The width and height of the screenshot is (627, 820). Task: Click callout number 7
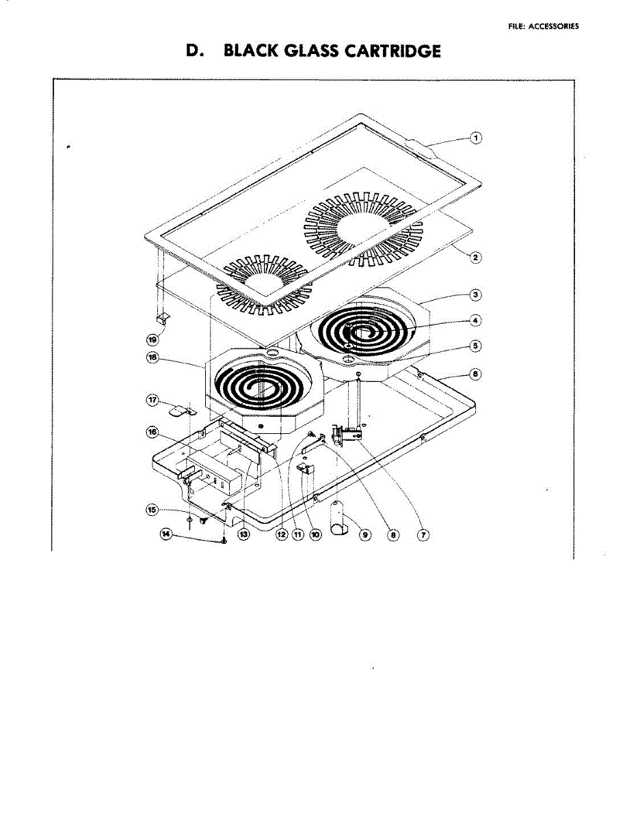pyautogui.click(x=423, y=535)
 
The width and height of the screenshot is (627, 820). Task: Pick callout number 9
pyautogui.click(x=364, y=535)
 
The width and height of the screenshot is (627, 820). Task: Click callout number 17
pyautogui.click(x=155, y=398)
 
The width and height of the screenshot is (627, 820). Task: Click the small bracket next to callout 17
pyautogui.click(x=181, y=410)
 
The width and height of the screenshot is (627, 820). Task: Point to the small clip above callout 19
pyautogui.click(x=162, y=318)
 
